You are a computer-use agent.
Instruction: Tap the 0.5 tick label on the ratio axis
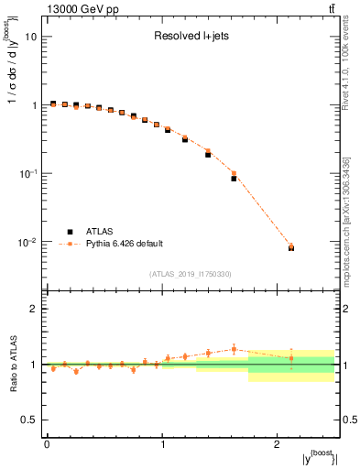click(x=30, y=420)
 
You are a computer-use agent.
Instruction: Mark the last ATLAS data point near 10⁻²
click(x=291, y=248)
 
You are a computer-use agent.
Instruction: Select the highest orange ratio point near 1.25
click(x=234, y=349)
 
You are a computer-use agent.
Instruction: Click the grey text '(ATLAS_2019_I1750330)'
click(x=190, y=274)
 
